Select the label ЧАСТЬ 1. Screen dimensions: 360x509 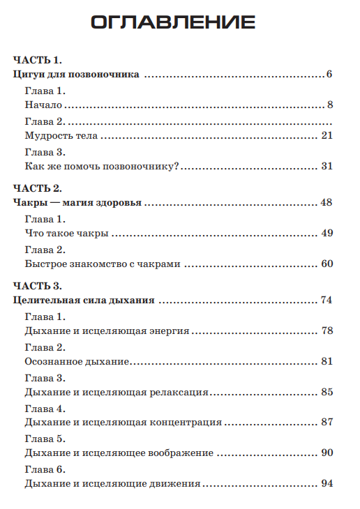[38, 61]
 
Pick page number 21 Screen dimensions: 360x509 [327, 136]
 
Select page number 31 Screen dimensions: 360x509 [327, 166]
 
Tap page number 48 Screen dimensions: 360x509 [327, 203]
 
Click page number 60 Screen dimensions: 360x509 [327, 264]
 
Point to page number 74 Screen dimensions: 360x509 [326, 301]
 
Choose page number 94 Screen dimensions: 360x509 [327, 483]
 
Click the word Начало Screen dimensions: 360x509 [43, 105]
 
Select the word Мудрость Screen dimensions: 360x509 [50, 136]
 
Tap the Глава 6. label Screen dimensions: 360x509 [45, 469]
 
